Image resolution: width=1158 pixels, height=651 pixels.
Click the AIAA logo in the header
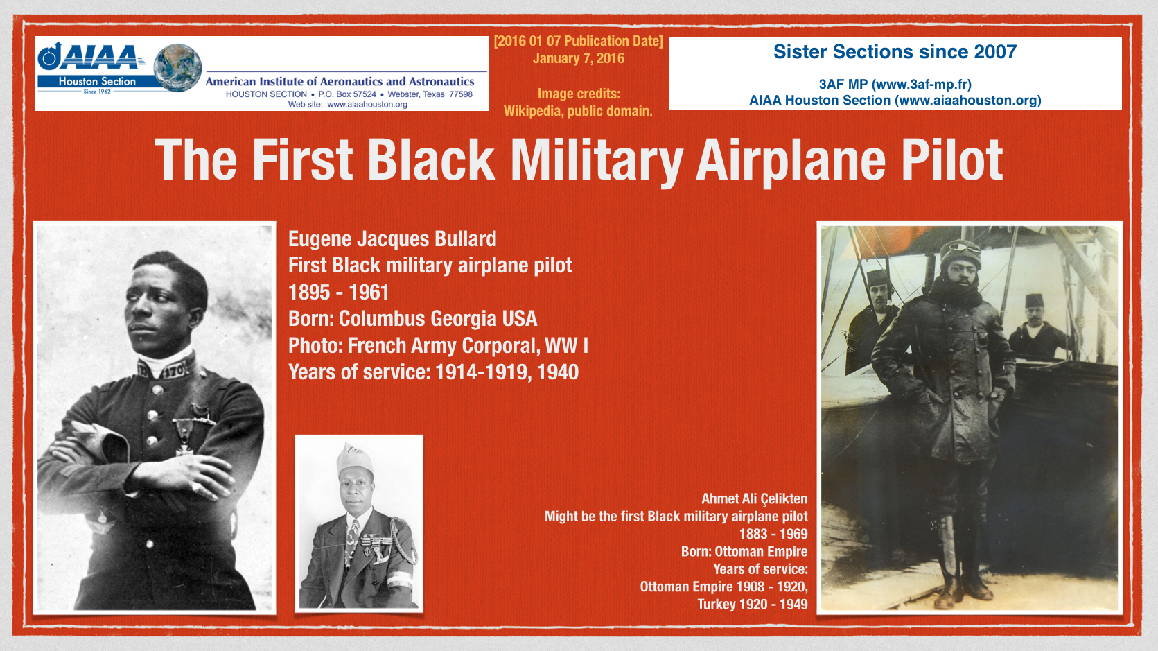point(89,56)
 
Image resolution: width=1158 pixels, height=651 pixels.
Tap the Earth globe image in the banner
point(178,68)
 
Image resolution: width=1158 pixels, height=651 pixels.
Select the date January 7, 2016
point(579,58)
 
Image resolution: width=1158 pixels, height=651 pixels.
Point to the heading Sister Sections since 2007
point(895,52)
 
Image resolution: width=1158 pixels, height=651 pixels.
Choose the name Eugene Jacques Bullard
point(392,239)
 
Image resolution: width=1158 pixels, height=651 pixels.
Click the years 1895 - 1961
point(339,293)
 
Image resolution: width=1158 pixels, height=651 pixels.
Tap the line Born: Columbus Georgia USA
point(412,319)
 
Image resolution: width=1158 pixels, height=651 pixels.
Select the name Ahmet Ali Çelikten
point(754,499)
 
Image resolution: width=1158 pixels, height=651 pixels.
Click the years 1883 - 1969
point(773,534)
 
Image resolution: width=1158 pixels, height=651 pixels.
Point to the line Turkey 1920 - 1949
point(753,605)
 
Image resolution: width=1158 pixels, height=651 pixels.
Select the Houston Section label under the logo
point(96,81)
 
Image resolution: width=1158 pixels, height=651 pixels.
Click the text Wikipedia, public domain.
point(578,111)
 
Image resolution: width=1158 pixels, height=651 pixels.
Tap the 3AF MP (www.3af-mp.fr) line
point(895,85)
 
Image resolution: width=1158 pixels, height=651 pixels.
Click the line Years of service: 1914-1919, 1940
point(433,372)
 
